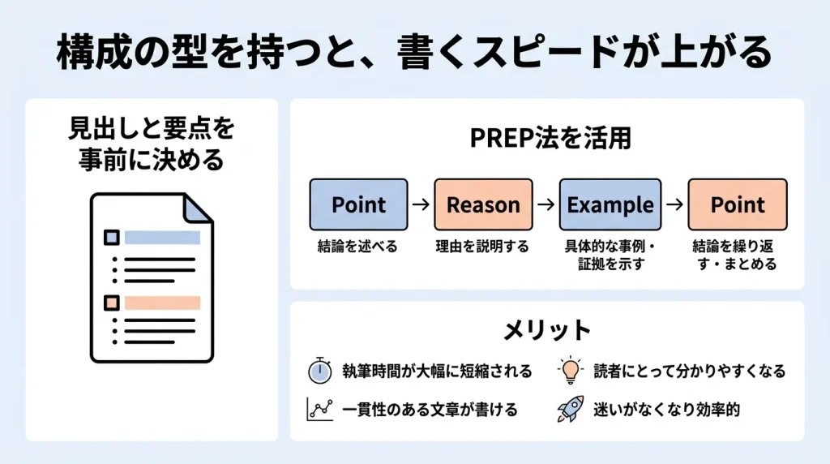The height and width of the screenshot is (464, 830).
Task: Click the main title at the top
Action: pyautogui.click(x=414, y=53)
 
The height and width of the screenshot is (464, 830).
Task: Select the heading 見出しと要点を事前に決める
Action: pyautogui.click(x=152, y=144)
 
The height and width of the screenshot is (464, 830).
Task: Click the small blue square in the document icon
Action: pyautogui.click(x=112, y=238)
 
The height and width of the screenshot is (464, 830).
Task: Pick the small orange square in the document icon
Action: pyautogui.click(x=112, y=303)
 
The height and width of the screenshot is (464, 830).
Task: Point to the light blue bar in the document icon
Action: pyautogui.click(x=163, y=238)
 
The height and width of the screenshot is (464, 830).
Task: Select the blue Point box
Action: pyautogui.click(x=359, y=204)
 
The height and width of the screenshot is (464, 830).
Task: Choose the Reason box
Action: pyautogui.click(x=483, y=204)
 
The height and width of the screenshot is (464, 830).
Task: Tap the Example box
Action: pyautogui.click(x=610, y=204)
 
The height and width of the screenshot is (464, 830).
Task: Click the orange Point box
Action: pyautogui.click(x=738, y=204)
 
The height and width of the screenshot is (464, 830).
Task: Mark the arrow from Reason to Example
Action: pyautogui.click(x=546, y=204)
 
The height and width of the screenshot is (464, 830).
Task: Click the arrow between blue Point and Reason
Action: pyautogui.click(x=421, y=204)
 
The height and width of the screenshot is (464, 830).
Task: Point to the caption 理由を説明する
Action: pyautogui.click(x=482, y=247)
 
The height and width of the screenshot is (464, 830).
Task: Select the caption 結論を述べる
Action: pyautogui.click(x=357, y=247)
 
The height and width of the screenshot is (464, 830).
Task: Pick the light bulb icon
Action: pyautogui.click(x=570, y=371)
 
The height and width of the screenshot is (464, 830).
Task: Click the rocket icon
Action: pyautogui.click(x=570, y=409)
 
